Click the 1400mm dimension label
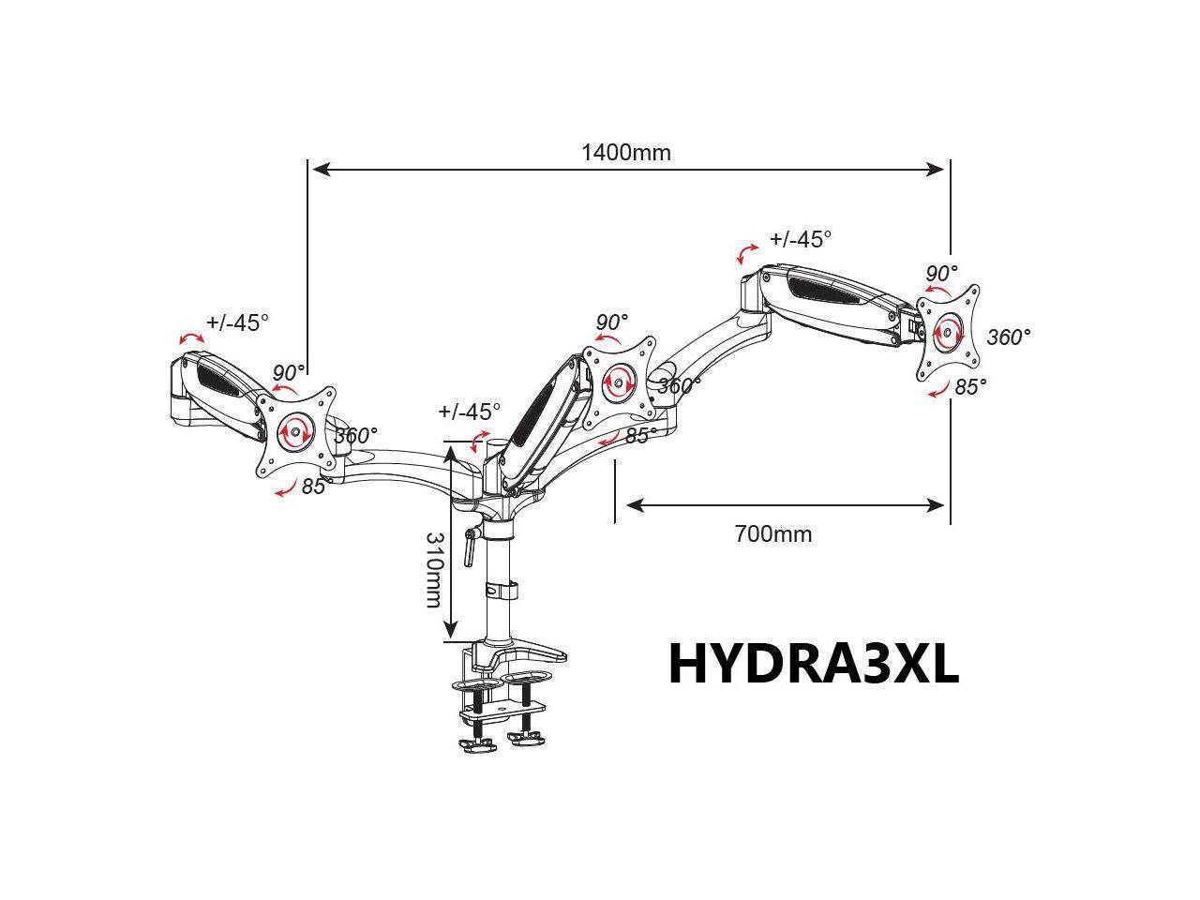625,153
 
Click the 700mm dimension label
773,533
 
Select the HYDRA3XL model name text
814,663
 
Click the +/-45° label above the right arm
801,239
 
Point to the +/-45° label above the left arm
237,322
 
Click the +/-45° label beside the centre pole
469,411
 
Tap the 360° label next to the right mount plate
1009,337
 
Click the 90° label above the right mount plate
941,273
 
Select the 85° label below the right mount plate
970,387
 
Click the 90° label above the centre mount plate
612,322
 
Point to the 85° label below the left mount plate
314,487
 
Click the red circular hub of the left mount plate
295,432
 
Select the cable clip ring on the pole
502,591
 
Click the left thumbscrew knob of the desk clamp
478,744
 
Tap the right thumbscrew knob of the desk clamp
526,739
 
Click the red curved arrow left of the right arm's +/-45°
747,253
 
